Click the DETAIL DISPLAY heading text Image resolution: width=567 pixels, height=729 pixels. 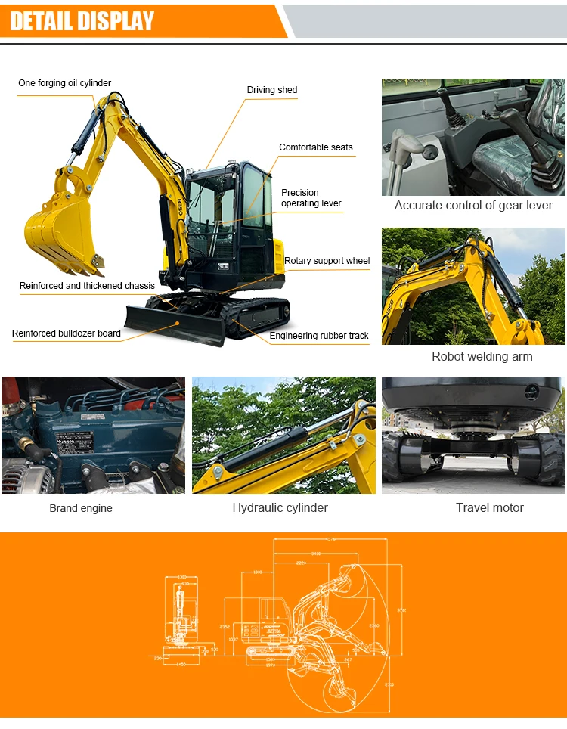point(82,20)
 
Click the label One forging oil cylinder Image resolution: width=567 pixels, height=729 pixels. point(64,83)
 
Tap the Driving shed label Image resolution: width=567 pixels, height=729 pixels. point(271,90)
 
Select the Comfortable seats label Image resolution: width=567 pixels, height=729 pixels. point(315,147)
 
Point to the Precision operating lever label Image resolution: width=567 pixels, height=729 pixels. point(311,198)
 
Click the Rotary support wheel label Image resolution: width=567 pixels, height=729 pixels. point(327,261)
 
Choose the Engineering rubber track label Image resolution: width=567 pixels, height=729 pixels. point(319,336)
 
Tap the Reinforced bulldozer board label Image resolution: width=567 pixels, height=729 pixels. point(67,333)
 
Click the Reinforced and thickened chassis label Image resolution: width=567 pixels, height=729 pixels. point(87,286)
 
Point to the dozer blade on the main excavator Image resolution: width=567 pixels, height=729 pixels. point(174,323)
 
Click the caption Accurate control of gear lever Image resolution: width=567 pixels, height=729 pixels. point(473,206)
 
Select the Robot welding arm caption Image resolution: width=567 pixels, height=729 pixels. point(482,356)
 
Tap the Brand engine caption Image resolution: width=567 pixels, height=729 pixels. point(81,508)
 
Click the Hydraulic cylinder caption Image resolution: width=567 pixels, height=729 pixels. point(280,507)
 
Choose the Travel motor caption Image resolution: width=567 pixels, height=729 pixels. point(489,507)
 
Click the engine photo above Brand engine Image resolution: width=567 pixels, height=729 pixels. point(93,435)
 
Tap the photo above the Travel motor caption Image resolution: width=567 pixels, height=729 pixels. point(473,435)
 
